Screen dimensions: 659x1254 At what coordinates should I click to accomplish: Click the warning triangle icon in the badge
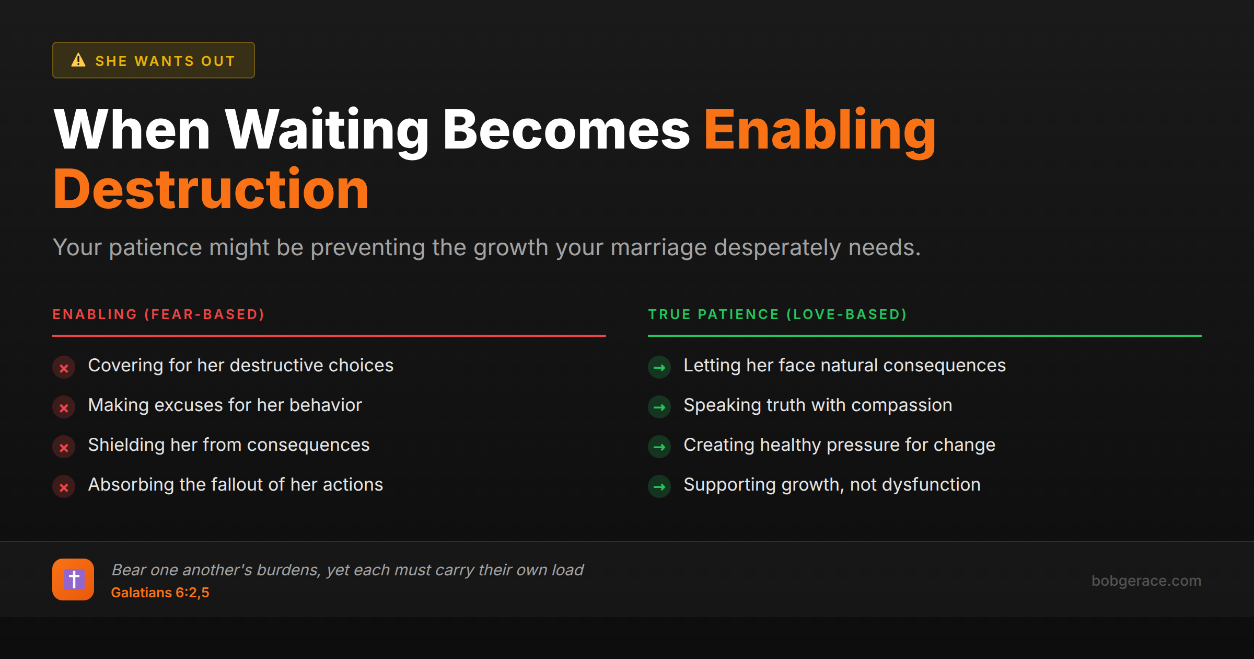pos(78,60)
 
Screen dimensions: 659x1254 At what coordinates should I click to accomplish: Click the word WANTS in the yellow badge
pos(164,61)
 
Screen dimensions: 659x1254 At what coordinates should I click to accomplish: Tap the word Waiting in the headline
pos(327,130)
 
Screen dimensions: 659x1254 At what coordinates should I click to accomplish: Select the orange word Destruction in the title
pos(211,189)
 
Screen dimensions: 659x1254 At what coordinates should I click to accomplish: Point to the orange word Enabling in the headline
pos(819,130)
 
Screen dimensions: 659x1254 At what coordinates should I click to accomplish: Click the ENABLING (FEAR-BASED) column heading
pos(159,314)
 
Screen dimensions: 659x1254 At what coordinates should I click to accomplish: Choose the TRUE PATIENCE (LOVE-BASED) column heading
pos(777,314)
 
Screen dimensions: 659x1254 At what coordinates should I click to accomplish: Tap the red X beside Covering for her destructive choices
pos(64,368)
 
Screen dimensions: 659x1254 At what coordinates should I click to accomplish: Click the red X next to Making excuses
pos(64,407)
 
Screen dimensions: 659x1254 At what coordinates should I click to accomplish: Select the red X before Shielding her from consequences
pos(64,447)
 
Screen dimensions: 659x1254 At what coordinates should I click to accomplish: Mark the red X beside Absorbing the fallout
pos(64,487)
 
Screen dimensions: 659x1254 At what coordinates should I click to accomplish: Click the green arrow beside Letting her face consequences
pos(659,368)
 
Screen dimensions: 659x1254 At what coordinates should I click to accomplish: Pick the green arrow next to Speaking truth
pos(659,407)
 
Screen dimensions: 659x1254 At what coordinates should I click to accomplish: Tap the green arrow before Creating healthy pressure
pos(659,447)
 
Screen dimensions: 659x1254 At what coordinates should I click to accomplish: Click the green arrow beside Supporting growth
pos(659,487)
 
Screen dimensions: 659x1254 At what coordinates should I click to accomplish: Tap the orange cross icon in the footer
pos(73,580)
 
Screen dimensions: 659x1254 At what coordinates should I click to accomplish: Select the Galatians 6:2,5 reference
pos(160,593)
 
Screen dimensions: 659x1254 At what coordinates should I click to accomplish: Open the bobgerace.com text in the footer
pos(1146,581)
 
